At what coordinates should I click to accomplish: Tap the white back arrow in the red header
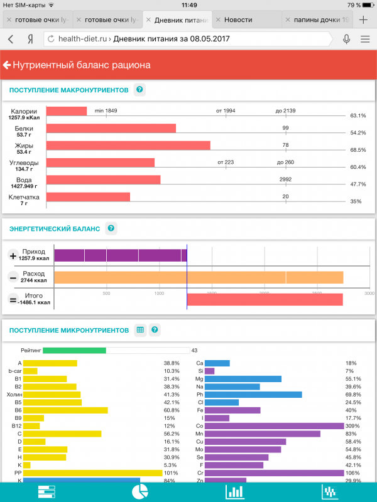point(8,65)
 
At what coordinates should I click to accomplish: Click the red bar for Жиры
point(128,146)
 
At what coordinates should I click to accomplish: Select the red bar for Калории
point(67,111)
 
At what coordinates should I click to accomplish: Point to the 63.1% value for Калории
point(358,115)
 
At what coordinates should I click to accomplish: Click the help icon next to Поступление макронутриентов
point(139,90)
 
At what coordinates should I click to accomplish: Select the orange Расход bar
point(199,277)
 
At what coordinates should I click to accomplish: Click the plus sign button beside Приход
point(13,255)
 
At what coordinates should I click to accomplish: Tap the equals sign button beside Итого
point(13,299)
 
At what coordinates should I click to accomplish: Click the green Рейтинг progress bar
point(74,350)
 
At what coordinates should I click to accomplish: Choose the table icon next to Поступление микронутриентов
point(140,329)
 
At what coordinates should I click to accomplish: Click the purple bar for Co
point(275,425)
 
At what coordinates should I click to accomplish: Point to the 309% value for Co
point(353,425)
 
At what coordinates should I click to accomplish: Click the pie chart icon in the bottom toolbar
point(139,491)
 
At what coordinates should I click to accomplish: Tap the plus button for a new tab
point(363,19)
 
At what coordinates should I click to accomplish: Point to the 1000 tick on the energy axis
point(159,293)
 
